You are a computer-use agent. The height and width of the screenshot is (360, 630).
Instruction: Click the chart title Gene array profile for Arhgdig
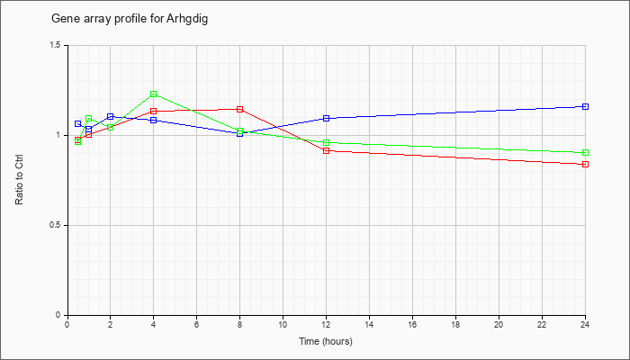pyautogui.click(x=130, y=19)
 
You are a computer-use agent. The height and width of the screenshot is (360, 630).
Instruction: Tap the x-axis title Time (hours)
pyautogui.click(x=326, y=341)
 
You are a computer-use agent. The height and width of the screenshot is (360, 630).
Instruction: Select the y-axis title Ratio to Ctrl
pyautogui.click(x=19, y=179)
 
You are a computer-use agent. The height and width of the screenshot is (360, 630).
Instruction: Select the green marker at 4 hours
pyautogui.click(x=154, y=94)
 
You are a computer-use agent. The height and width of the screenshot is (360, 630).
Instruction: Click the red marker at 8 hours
pyautogui.click(x=240, y=109)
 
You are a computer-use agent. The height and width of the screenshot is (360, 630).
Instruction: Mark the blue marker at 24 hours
pyautogui.click(x=585, y=106)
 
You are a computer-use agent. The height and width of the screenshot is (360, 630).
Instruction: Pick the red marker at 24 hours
pyautogui.click(x=585, y=165)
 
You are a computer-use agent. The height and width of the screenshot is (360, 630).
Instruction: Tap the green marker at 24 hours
pyautogui.click(x=585, y=153)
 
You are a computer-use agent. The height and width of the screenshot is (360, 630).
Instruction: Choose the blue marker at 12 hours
pyautogui.click(x=326, y=119)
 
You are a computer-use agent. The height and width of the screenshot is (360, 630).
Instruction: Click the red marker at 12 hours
pyautogui.click(x=326, y=150)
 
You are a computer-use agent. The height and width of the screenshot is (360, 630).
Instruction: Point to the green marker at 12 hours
pyautogui.click(x=326, y=142)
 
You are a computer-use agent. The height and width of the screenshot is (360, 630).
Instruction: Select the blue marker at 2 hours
pyautogui.click(x=111, y=116)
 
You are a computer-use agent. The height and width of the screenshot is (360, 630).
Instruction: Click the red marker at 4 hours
pyautogui.click(x=154, y=111)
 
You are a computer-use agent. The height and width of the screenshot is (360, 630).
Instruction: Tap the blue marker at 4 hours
pyautogui.click(x=154, y=120)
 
